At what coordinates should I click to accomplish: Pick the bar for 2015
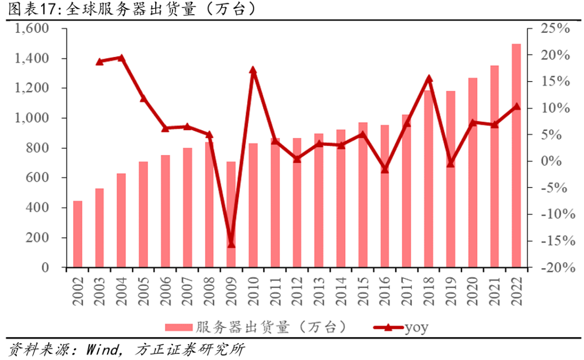pyautogui.click(x=363, y=195)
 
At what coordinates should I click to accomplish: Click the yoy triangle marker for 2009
pyautogui.click(x=231, y=244)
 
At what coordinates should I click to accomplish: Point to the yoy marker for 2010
pyautogui.click(x=253, y=70)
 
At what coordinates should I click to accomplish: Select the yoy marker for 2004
pyautogui.click(x=121, y=58)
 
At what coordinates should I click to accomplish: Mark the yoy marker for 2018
pyautogui.click(x=429, y=79)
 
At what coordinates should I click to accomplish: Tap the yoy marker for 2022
pyautogui.click(x=516, y=106)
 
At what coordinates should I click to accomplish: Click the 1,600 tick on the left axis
pyautogui.click(x=34, y=29)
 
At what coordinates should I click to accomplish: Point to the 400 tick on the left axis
pyautogui.click(x=46, y=208)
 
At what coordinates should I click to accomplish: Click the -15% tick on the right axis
pyautogui.click(x=553, y=241)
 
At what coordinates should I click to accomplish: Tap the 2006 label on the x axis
pyautogui.click(x=165, y=292)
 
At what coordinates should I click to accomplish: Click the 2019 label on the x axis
pyautogui.click(x=450, y=292)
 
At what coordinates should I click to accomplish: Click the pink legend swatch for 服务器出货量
pyautogui.click(x=178, y=327)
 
